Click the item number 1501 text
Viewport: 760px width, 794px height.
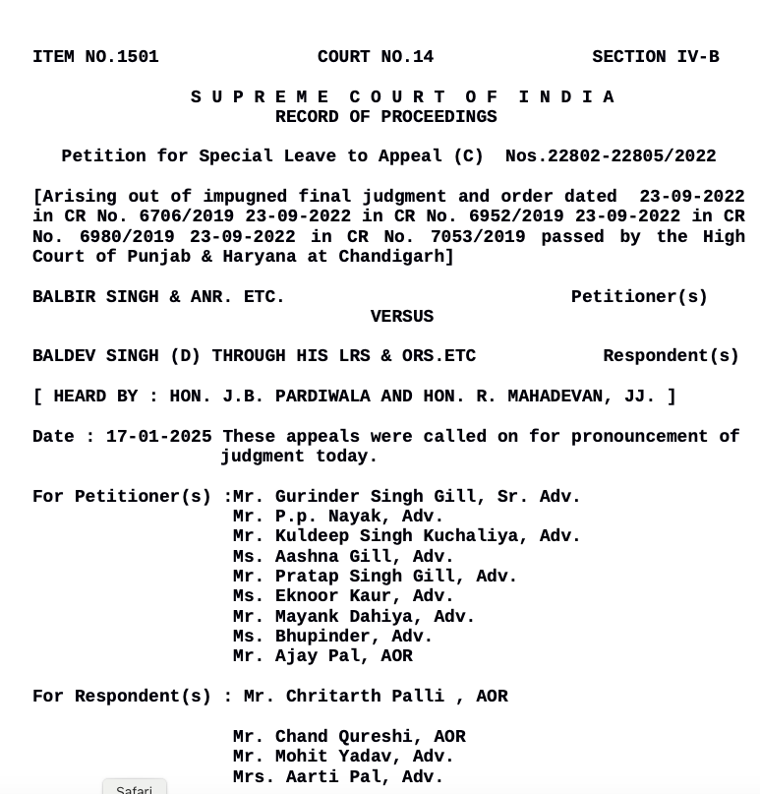click(95, 58)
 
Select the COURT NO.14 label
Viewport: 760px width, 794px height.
click(376, 58)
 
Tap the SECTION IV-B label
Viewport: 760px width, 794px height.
click(655, 58)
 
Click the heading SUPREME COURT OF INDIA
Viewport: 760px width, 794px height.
click(403, 97)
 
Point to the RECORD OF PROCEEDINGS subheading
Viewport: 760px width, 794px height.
click(385, 117)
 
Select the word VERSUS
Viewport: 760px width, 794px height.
click(401, 317)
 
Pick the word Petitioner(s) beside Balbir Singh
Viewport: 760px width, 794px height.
click(639, 297)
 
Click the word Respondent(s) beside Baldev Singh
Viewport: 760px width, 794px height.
click(671, 356)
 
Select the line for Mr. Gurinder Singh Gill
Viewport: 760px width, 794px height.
click(407, 497)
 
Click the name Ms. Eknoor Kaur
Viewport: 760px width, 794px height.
click(343, 596)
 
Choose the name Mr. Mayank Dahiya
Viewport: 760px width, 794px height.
click(354, 617)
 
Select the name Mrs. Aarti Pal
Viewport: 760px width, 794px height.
click(338, 777)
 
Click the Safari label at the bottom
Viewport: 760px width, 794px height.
click(134, 789)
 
